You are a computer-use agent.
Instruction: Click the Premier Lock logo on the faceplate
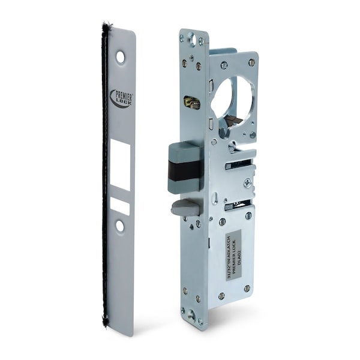pos(121,98)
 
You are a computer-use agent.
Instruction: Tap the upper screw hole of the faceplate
pos(121,57)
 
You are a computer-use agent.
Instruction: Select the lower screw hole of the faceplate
pos(120,226)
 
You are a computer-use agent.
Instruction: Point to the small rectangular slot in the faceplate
pos(120,206)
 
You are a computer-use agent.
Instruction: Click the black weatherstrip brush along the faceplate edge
pos(104,180)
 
